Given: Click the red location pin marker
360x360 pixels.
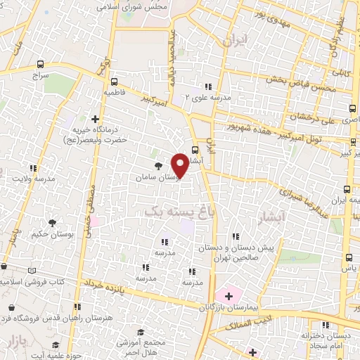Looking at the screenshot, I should coord(181,166).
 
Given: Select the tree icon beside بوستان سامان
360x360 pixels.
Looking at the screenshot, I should coord(157,167).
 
